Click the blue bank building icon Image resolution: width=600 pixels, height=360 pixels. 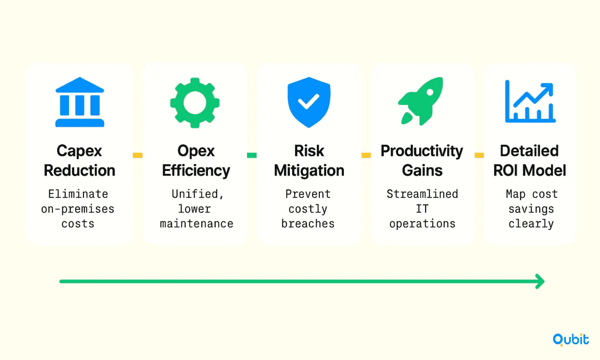79,102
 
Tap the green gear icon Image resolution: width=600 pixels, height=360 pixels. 195,103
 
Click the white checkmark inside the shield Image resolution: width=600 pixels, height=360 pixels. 309,102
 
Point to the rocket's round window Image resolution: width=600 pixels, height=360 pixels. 430,92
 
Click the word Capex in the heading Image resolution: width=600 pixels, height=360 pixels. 79,151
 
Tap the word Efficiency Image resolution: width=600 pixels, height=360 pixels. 196,171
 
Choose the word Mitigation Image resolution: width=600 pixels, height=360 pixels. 309,171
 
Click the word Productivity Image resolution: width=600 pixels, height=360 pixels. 422,151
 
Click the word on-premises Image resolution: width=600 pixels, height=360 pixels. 78,209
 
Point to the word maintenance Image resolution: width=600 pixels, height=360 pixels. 196,224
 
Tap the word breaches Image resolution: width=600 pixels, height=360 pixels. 308,224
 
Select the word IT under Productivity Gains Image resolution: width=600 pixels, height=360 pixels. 422,209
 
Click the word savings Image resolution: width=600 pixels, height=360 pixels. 531,209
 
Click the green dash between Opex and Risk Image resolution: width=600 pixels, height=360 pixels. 252,155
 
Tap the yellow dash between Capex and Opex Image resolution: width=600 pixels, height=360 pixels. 138,155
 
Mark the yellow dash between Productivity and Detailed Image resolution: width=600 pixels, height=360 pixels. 479,155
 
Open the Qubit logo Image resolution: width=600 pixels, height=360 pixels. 571,340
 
